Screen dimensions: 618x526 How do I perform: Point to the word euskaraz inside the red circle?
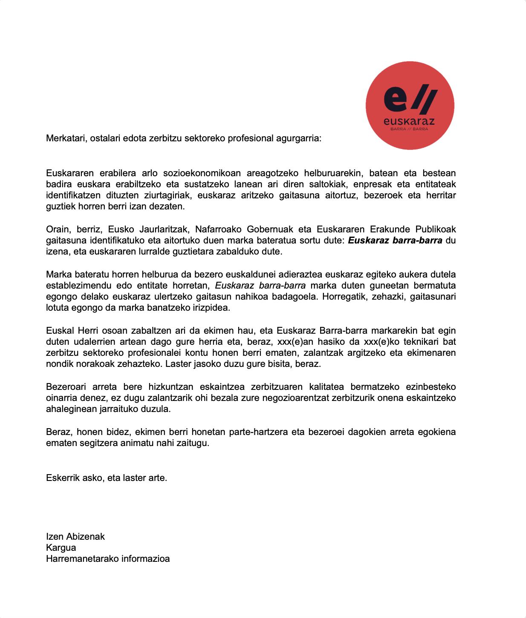point(409,121)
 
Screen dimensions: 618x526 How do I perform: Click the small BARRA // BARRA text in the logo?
point(409,129)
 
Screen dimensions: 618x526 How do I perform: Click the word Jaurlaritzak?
point(164,229)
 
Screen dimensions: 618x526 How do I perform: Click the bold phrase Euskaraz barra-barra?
point(395,240)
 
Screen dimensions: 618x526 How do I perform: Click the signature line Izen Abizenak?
point(75,537)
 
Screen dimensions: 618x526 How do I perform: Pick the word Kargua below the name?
point(61,548)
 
